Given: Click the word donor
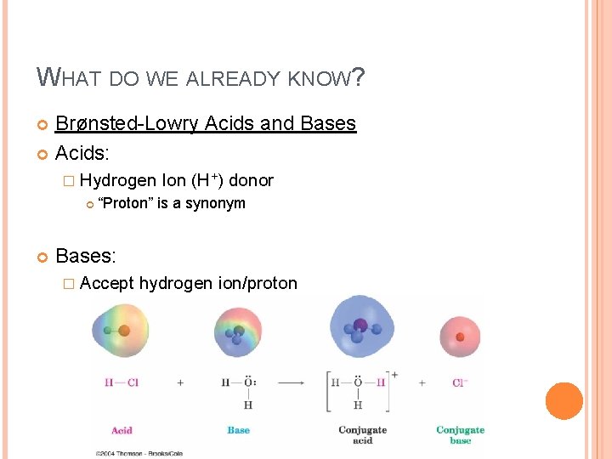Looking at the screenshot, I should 252,180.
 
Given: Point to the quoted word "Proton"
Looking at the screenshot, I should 125,203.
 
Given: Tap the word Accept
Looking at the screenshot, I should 107,283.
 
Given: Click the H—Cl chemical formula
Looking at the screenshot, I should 121,382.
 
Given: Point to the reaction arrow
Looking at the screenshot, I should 291,382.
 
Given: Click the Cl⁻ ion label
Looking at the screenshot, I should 460,382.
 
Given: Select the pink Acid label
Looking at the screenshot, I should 122,430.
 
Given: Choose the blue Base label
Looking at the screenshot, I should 239,430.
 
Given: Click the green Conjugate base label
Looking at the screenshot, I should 460,434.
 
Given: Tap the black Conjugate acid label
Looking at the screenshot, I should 362,434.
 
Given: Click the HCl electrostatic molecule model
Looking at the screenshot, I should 121,330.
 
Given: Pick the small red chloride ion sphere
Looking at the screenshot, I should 460,336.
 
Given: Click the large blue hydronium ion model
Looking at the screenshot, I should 362,331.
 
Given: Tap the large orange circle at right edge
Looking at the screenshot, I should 564,401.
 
